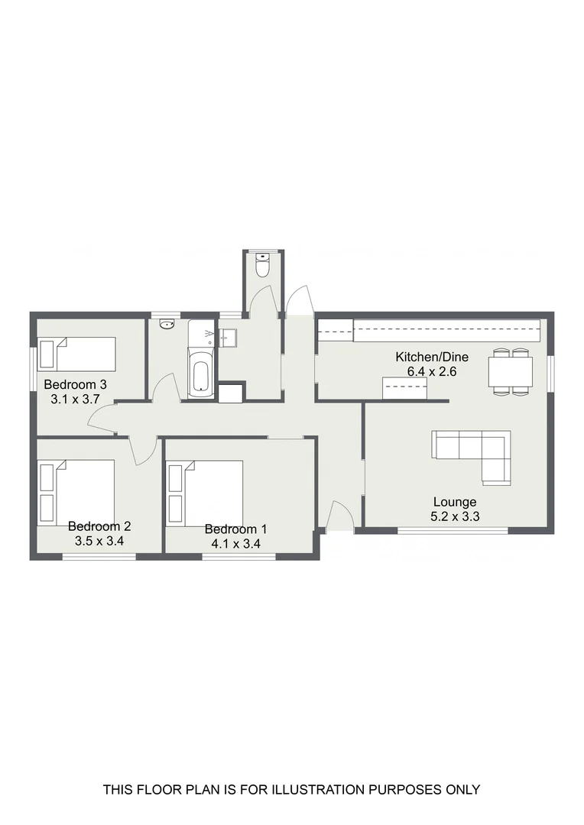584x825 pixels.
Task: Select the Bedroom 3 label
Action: pyautogui.click(x=75, y=384)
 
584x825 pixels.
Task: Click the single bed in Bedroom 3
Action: pyautogui.click(x=77, y=354)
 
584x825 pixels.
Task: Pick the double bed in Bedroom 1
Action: pyautogui.click(x=206, y=492)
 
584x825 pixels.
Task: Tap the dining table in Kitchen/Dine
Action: pyautogui.click(x=511, y=372)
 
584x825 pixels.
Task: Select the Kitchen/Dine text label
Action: pyautogui.click(x=432, y=357)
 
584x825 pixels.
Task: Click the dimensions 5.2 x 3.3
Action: pyautogui.click(x=455, y=516)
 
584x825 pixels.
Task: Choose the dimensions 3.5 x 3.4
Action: pyautogui.click(x=99, y=540)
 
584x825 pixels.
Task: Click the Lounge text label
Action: pyautogui.click(x=455, y=502)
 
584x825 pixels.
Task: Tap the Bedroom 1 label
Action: pyautogui.click(x=236, y=529)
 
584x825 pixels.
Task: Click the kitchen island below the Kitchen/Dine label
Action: pyautogui.click(x=406, y=388)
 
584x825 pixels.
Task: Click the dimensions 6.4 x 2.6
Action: pyautogui.click(x=432, y=370)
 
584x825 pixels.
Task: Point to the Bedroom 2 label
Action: pyautogui.click(x=99, y=526)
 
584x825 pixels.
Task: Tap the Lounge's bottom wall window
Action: pyautogui.click(x=453, y=530)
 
